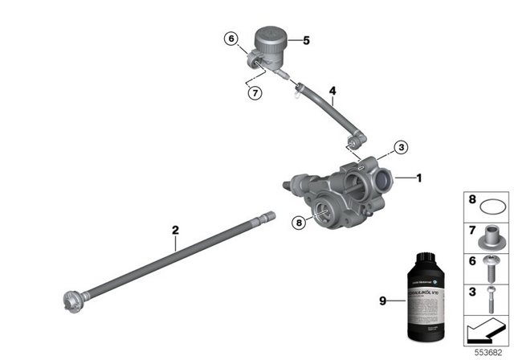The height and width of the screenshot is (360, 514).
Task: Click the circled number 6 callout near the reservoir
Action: [231, 39]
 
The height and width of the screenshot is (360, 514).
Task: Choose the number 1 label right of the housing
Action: [419, 178]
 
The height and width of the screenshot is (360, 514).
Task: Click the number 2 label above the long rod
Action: [175, 231]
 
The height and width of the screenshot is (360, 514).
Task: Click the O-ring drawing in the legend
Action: [487, 205]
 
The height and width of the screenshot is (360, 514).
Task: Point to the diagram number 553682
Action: [487, 351]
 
